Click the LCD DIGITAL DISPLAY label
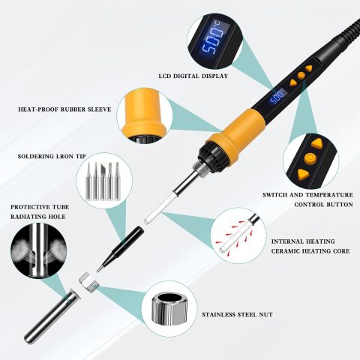(193, 76)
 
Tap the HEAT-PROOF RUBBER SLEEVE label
(64, 109)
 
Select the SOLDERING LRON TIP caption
(52, 157)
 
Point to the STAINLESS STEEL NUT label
(237, 314)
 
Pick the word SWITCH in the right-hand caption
(274, 195)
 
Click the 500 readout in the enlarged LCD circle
(209, 40)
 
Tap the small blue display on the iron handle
(277, 97)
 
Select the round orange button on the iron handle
(301, 75)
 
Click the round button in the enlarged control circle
(310, 158)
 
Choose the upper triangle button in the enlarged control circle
(317, 144)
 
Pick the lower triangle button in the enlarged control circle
(304, 174)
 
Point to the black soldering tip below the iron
(120, 249)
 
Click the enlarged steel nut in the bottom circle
(169, 309)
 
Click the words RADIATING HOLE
(38, 217)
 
